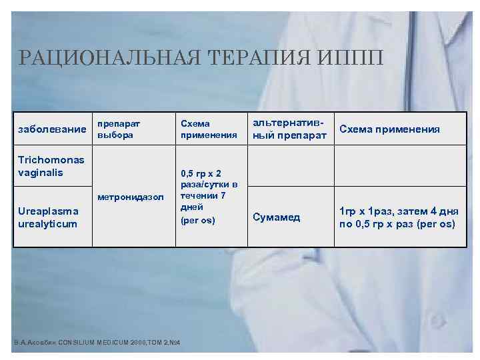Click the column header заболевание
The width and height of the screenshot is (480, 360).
(51, 129)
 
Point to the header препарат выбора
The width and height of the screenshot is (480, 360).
(121, 129)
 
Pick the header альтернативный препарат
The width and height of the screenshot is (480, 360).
(289, 129)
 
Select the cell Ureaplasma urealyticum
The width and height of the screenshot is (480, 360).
(48, 217)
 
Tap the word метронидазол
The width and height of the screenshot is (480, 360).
(130, 197)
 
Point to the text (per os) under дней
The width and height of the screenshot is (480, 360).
(198, 220)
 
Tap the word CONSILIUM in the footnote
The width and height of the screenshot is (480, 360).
(77, 343)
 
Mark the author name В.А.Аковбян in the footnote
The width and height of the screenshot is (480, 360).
(33, 343)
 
